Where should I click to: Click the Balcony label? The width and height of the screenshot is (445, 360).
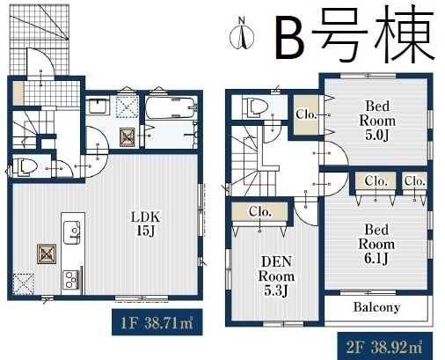tap(376, 308)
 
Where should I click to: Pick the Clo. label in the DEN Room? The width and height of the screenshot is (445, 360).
tap(260, 212)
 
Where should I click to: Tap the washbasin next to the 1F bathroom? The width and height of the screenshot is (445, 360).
tap(99, 108)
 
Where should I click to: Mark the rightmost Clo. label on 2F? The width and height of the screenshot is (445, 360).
tap(415, 181)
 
